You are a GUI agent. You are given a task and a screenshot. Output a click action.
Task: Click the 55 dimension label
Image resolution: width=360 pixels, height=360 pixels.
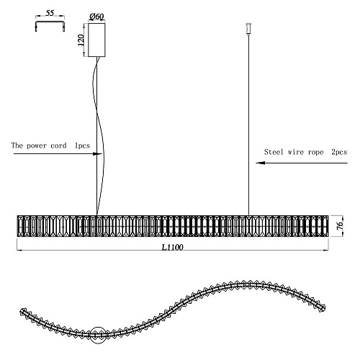[50, 13]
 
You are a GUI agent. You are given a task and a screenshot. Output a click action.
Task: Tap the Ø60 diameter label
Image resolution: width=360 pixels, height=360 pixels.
[96, 17]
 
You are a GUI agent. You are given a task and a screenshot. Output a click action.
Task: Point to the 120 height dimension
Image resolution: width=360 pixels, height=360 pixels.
[81, 40]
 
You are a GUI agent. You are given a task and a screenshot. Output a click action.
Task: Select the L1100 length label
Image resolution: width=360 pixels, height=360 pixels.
[172, 247]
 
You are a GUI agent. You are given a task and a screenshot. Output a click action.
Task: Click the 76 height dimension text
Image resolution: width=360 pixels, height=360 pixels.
[340, 226]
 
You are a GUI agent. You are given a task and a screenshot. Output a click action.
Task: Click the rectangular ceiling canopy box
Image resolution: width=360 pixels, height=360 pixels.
[96, 40]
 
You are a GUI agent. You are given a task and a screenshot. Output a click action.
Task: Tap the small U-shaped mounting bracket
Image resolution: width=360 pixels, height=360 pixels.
[50, 26]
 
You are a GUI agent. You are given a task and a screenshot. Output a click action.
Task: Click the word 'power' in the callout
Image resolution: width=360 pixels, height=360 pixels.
[37, 146]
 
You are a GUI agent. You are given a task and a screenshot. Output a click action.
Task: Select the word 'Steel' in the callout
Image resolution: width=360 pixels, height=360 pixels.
[274, 152]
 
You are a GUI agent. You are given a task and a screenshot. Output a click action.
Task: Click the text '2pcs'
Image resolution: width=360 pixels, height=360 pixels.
[339, 152]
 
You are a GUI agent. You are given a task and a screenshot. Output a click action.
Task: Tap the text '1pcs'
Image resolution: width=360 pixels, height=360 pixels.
[82, 145]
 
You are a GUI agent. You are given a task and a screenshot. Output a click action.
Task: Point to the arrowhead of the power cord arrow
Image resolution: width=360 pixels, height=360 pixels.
[99, 154]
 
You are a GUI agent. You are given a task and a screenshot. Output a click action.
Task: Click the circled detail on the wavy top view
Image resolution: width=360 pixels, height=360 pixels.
[98, 335]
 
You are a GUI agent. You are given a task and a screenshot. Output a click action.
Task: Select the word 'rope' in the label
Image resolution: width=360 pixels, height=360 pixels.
[315, 152]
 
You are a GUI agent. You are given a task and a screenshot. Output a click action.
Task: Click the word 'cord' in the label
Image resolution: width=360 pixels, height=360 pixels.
[58, 145]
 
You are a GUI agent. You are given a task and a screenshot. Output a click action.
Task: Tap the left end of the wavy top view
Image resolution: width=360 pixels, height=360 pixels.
[22, 311]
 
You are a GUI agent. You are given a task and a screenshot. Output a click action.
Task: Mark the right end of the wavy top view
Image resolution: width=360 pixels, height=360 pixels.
[323, 307]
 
